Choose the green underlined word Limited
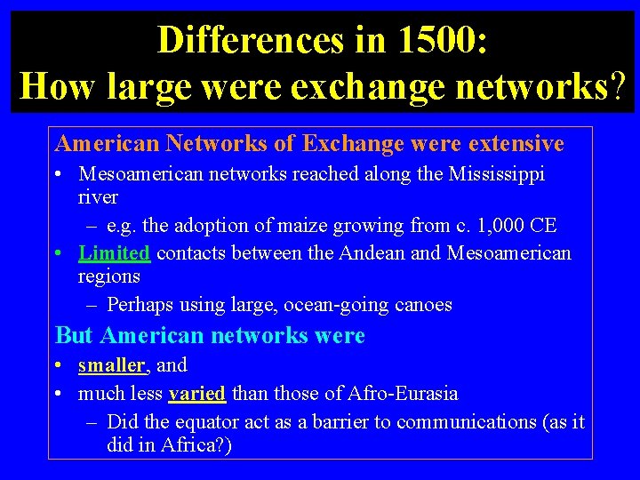click(x=114, y=253)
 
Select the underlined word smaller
click(x=111, y=365)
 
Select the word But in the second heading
click(x=75, y=336)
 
